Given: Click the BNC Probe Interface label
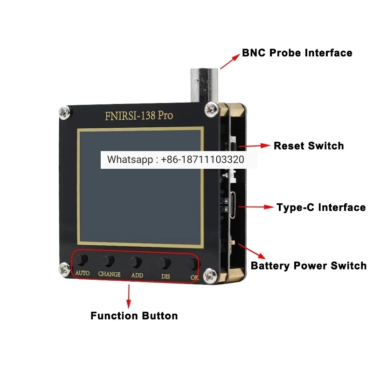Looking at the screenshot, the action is [x=297, y=53].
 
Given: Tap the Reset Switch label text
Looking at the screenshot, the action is [x=309, y=146].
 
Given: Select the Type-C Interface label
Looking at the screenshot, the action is [x=321, y=207].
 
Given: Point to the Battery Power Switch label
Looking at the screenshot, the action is [x=309, y=266].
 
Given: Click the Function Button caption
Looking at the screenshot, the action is [x=134, y=316].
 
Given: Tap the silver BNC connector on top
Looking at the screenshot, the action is [x=204, y=85].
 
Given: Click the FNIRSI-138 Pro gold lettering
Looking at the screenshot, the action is [x=139, y=116].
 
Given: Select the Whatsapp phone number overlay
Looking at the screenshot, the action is [x=176, y=159].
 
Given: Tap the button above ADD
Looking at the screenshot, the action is [x=136, y=262].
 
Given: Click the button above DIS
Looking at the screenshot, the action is [x=165, y=263].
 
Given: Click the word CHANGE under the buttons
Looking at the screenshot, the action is [x=110, y=274].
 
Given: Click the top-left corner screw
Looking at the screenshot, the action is [x=64, y=113].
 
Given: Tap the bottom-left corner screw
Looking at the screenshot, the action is [x=64, y=269].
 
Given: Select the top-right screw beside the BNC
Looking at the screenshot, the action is [x=211, y=110].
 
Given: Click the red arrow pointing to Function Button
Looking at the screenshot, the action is [x=129, y=297].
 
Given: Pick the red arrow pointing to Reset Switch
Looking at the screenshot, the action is [x=254, y=146].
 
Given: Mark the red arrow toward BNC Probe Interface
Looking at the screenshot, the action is [x=230, y=62].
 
